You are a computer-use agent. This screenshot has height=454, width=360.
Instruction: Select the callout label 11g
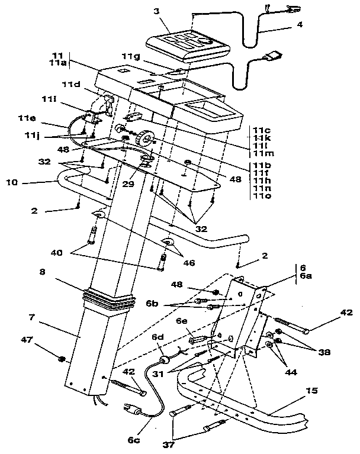[131, 56]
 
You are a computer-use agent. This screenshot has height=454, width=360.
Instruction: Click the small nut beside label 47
[62, 358]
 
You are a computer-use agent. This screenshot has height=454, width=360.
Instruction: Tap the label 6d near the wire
[158, 337]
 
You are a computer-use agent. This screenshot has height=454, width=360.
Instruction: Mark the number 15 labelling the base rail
[312, 391]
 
